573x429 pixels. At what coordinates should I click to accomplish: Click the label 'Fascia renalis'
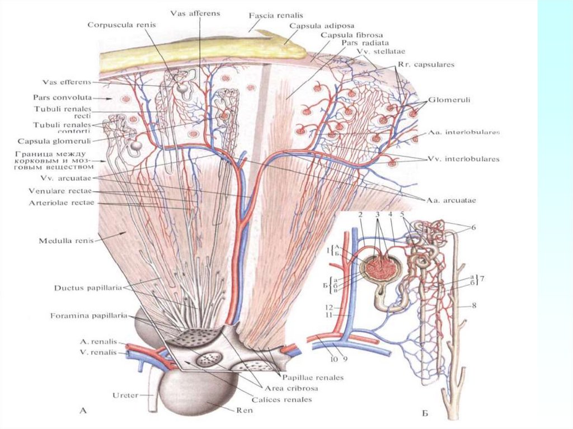tap(275, 17)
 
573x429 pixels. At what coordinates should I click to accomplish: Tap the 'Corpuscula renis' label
tap(123, 25)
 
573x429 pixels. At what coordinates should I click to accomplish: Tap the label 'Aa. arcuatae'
tap(453, 200)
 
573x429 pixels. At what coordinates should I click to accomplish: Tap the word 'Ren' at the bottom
tap(245, 410)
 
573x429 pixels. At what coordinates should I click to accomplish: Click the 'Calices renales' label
tap(284, 399)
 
